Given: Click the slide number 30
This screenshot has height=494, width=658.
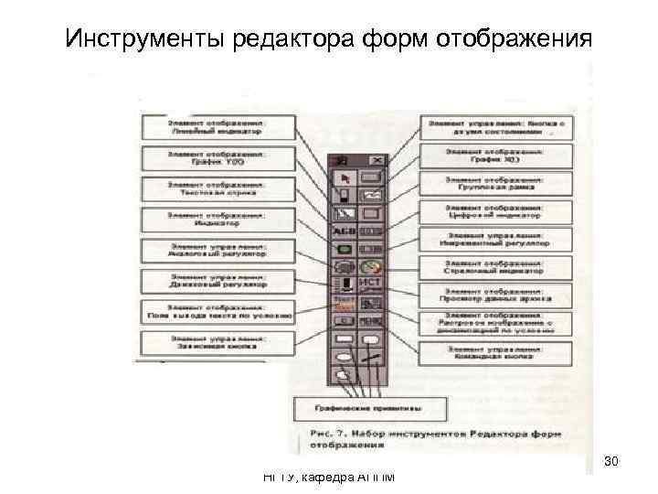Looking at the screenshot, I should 611,461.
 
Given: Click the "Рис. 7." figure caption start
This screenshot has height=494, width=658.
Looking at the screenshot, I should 328,429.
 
